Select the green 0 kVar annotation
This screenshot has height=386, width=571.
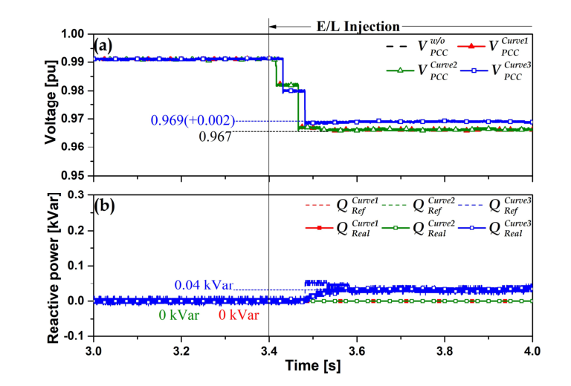[177, 315]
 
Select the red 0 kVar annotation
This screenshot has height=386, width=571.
[239, 315]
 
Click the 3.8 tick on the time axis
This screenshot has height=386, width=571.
[445, 349]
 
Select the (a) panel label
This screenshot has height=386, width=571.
[103, 45]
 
